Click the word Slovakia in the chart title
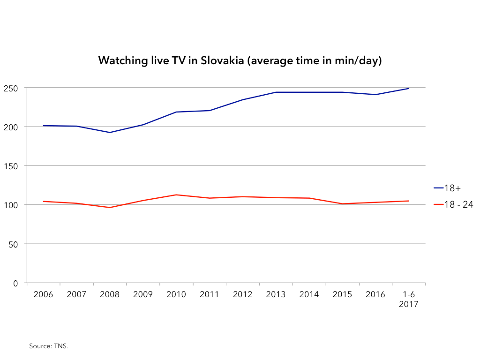pyautogui.click(x=221, y=61)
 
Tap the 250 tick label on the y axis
pyautogui.click(x=13, y=88)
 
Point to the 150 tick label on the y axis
pyautogui.click(x=13, y=166)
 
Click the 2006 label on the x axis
pyautogui.click(x=44, y=294)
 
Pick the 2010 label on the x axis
pyautogui.click(x=176, y=294)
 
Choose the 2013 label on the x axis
pyautogui.click(x=276, y=294)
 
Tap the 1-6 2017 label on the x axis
pyautogui.click(x=409, y=299)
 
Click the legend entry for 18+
pyautogui.click(x=447, y=188)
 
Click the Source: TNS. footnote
pyautogui.click(x=49, y=346)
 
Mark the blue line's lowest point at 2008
pyautogui.click(x=110, y=132)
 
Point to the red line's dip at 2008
pyautogui.click(x=110, y=207)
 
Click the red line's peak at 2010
pyautogui.click(x=176, y=195)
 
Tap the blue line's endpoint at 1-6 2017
pyautogui.click(x=409, y=88)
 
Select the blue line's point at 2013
pyautogui.click(x=276, y=92)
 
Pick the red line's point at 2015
pyautogui.click(x=342, y=203)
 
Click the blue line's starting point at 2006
pyautogui.click(x=44, y=126)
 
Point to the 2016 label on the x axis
pyautogui.click(x=375, y=294)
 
